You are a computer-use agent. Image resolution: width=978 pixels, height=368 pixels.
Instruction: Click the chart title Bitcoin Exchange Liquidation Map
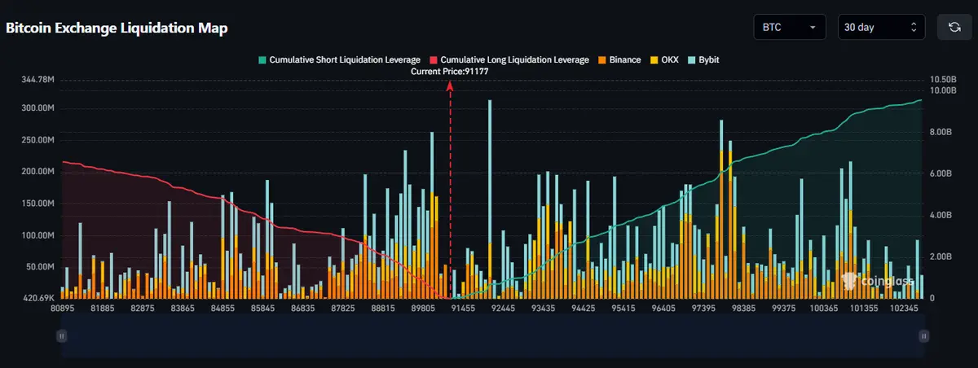tap(117, 28)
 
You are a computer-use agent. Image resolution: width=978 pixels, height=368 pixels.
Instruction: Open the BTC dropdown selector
tap(790, 27)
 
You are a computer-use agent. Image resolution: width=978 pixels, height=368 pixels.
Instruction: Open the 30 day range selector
tap(883, 27)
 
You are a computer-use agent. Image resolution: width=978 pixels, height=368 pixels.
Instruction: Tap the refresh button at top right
tap(954, 27)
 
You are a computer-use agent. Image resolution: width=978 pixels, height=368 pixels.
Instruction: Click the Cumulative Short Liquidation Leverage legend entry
tap(339, 59)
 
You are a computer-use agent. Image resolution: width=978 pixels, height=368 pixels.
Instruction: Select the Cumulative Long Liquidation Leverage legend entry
tap(509, 59)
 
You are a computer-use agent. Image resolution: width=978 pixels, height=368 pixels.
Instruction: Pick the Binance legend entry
tap(619, 59)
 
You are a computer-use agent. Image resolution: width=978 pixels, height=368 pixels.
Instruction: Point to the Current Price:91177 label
tap(449, 72)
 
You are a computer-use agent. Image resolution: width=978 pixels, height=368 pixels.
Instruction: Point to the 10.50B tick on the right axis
tap(943, 80)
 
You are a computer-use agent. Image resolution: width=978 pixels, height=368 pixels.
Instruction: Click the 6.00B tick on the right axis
tap(941, 173)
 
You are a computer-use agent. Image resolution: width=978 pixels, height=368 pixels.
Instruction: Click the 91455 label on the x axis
tap(463, 309)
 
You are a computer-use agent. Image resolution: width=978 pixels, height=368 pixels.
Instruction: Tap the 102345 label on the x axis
tap(904, 309)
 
